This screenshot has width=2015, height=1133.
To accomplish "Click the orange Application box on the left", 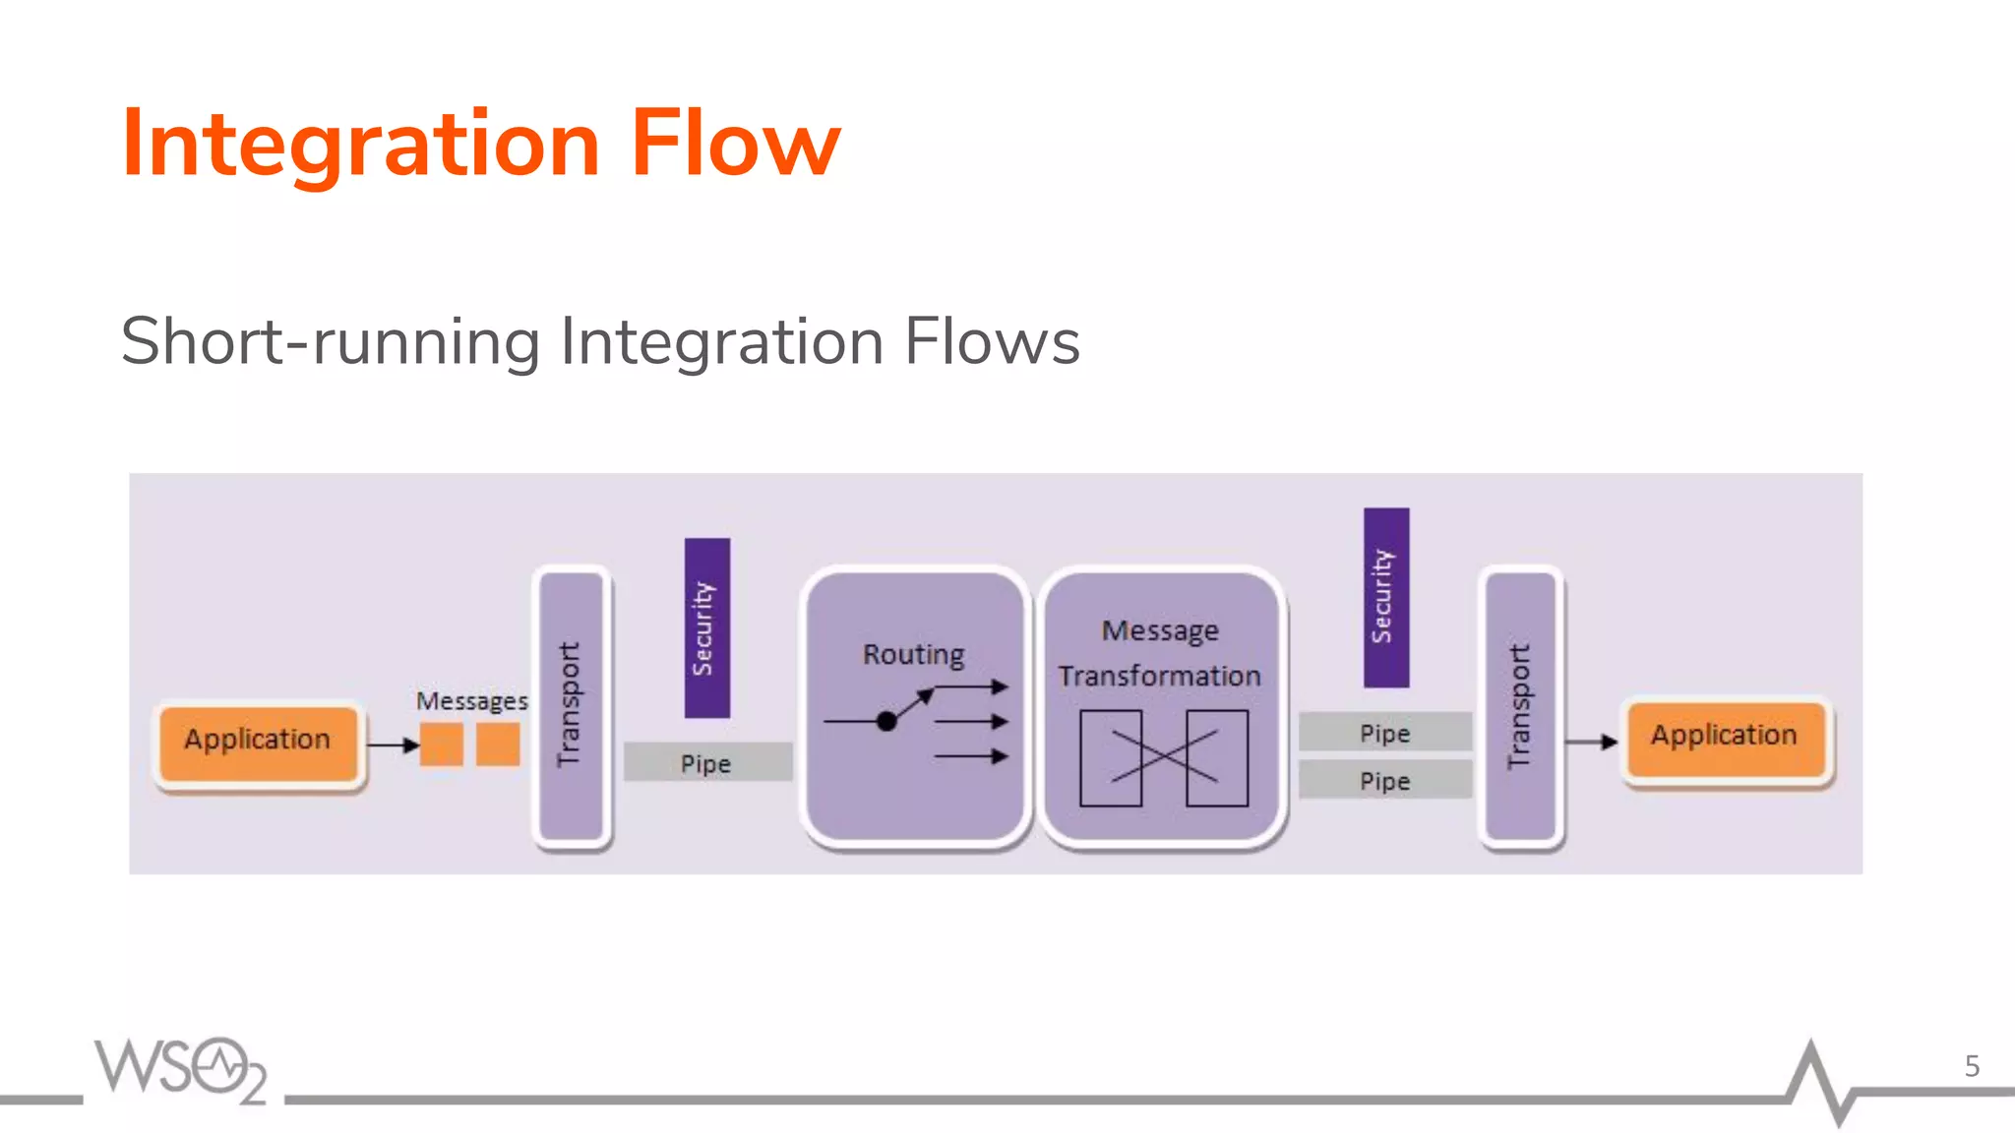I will (x=258, y=744).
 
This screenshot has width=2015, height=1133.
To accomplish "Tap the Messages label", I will (x=471, y=701).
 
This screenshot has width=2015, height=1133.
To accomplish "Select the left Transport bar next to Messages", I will (x=571, y=705).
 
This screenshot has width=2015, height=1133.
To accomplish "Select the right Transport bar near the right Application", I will (x=1520, y=705).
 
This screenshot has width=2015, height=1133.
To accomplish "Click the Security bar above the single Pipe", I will (x=706, y=627).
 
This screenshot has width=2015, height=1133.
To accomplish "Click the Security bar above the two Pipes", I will (x=1385, y=596).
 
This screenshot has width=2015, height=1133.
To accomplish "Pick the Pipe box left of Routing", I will (x=706, y=762).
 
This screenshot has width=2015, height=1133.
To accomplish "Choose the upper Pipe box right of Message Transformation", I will (x=1384, y=732).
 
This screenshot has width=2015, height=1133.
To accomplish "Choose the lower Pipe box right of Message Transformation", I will (x=1384, y=780).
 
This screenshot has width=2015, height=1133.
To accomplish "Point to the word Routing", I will (x=913, y=654).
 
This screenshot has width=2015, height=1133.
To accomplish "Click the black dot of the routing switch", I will (x=886, y=721).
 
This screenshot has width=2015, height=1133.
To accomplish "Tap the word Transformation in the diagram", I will (x=1159, y=677).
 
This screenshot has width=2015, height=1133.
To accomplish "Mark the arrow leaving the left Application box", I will (x=394, y=745).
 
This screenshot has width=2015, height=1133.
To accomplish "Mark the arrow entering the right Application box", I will (x=1591, y=742).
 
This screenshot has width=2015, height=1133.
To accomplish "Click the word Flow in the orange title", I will (x=735, y=145).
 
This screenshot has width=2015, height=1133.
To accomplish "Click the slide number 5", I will (x=1972, y=1066).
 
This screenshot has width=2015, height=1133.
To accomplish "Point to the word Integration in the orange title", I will (x=360, y=145).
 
